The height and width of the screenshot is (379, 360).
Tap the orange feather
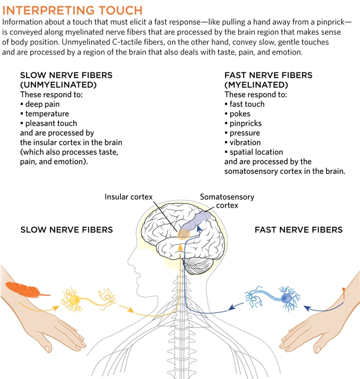[x=21, y=292]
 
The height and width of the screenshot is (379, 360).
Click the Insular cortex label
[x=129, y=197]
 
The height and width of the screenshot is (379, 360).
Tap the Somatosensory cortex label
[x=227, y=201]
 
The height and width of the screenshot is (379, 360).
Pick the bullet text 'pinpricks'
[x=245, y=123]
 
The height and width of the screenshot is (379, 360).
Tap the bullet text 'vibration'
[x=245, y=143]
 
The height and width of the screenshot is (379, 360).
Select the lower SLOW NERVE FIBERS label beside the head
[x=66, y=230]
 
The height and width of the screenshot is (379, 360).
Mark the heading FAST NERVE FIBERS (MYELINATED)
[x=268, y=80]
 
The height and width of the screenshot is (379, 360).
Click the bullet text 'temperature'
[x=47, y=114]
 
